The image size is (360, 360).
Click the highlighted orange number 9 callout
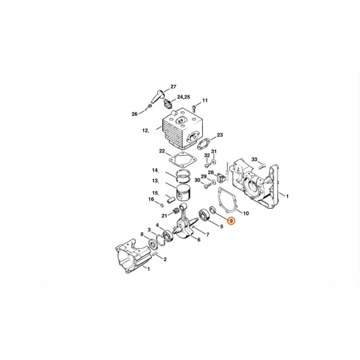[x=232, y=223]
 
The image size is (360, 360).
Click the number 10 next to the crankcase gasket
[x=245, y=213]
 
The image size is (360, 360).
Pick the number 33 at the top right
[x=255, y=159]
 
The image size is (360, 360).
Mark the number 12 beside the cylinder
[x=145, y=131]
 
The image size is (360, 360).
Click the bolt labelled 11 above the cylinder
[x=195, y=105]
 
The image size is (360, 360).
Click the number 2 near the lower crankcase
[x=164, y=259]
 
